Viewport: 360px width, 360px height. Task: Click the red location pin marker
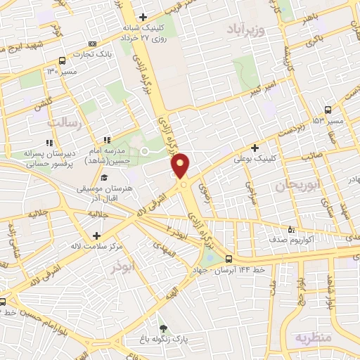181,166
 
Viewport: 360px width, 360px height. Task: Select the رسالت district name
64,123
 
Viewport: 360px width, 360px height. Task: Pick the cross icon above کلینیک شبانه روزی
143,17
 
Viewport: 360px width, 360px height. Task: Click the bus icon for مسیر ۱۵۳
328,110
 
